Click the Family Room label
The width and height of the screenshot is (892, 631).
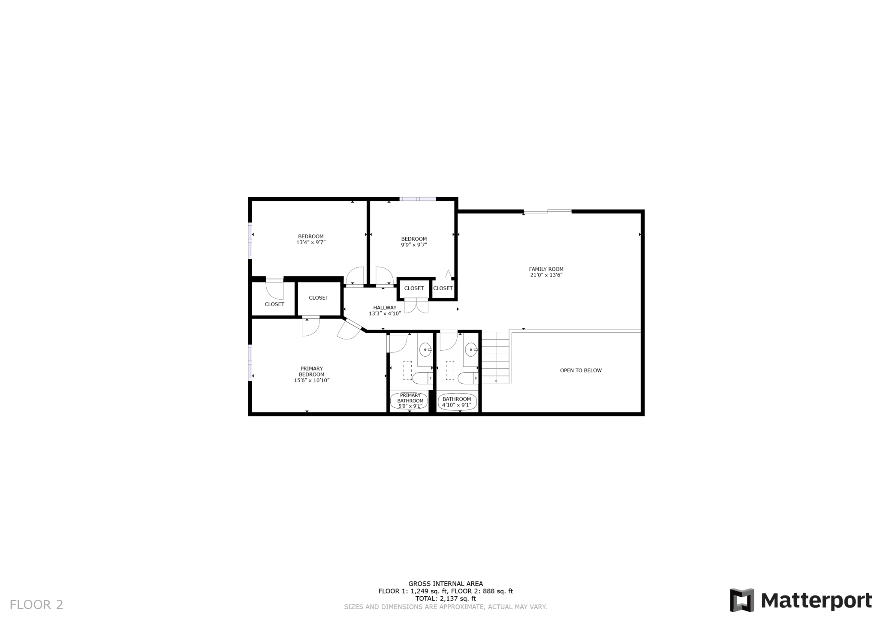(x=546, y=269)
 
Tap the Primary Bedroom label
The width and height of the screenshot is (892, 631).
(x=312, y=371)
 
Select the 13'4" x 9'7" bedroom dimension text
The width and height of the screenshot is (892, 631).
(x=311, y=243)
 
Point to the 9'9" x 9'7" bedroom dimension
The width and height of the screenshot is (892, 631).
(x=414, y=245)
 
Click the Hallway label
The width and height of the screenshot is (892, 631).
(x=385, y=307)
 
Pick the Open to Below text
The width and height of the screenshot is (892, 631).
(x=581, y=370)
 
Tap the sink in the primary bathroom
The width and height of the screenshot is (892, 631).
(x=425, y=350)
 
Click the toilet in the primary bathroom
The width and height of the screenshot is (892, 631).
(x=422, y=378)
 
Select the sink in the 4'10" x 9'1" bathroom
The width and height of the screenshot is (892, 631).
(x=471, y=350)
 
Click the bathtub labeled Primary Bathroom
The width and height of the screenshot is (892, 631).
(x=410, y=401)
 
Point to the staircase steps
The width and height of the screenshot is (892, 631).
(x=496, y=358)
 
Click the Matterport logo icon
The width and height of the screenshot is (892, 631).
(x=741, y=600)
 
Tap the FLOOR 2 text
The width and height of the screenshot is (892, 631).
(x=36, y=604)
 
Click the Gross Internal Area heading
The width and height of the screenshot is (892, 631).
(x=446, y=583)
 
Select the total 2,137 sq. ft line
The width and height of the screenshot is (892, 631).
(x=446, y=598)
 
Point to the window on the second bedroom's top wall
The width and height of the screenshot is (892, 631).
(x=418, y=199)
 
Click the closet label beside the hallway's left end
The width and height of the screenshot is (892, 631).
(x=319, y=297)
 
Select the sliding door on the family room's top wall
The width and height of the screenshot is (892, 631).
(x=548, y=211)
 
